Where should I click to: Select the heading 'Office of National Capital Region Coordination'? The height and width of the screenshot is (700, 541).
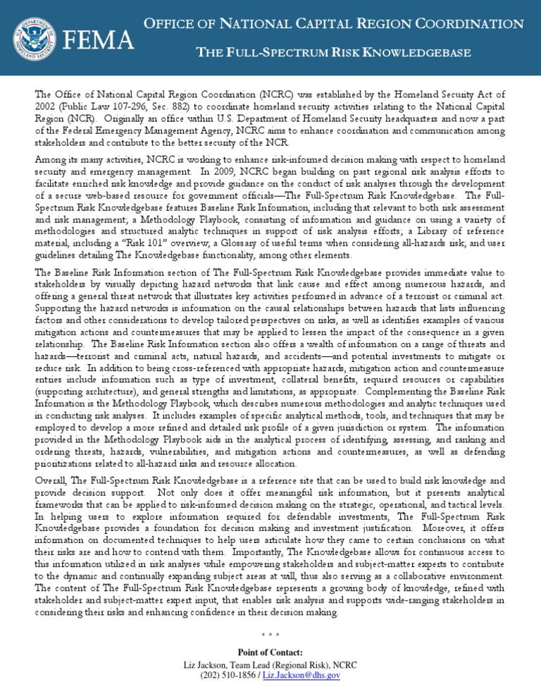(x=334, y=23)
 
